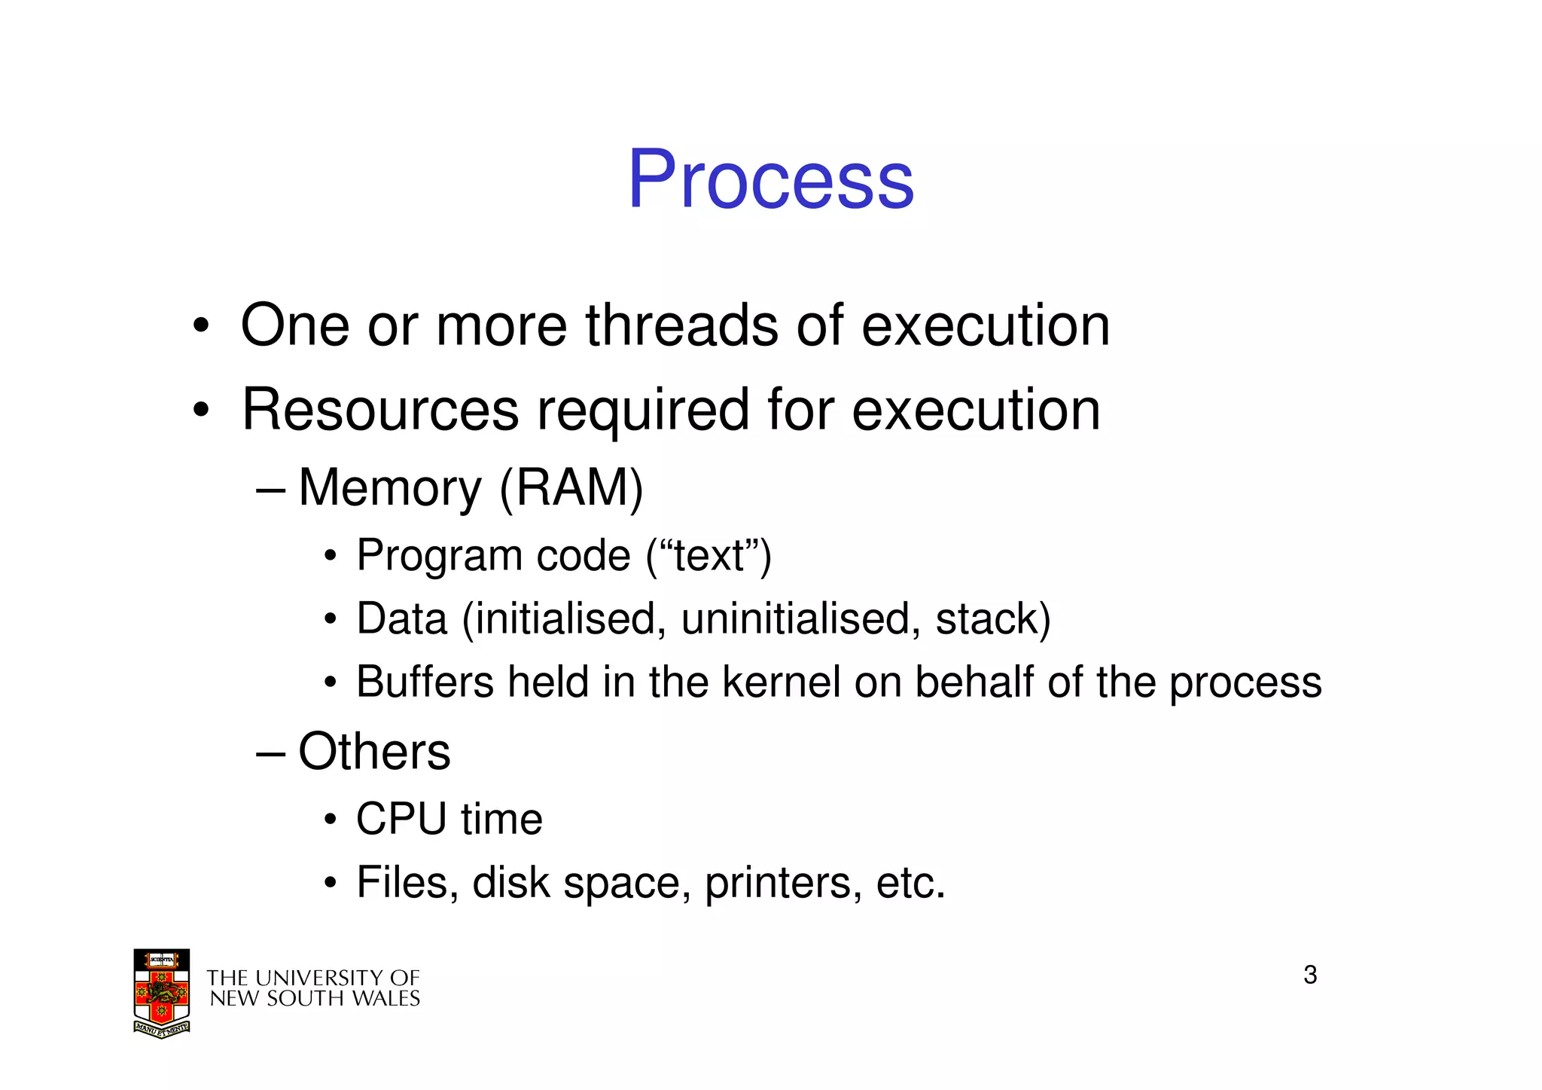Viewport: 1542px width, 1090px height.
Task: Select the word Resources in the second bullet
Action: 380,410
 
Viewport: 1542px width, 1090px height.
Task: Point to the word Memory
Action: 390,489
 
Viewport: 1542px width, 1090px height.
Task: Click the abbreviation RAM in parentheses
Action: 571,488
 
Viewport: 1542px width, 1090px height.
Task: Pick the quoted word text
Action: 709,556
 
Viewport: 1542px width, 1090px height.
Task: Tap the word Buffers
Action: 425,682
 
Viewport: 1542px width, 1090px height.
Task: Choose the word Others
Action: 374,752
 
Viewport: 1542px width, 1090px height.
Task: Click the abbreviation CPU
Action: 401,820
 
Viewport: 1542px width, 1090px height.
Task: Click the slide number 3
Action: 1310,975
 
